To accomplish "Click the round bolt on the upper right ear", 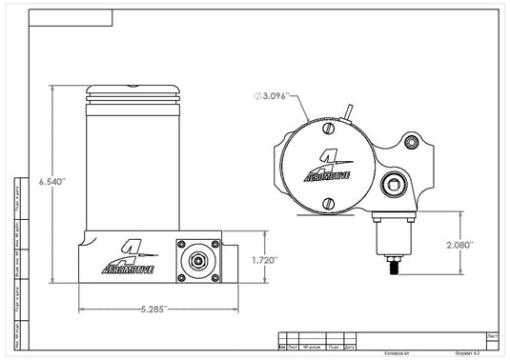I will (412, 143).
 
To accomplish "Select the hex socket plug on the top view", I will (391, 185).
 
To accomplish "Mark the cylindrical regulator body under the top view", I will (391, 232).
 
